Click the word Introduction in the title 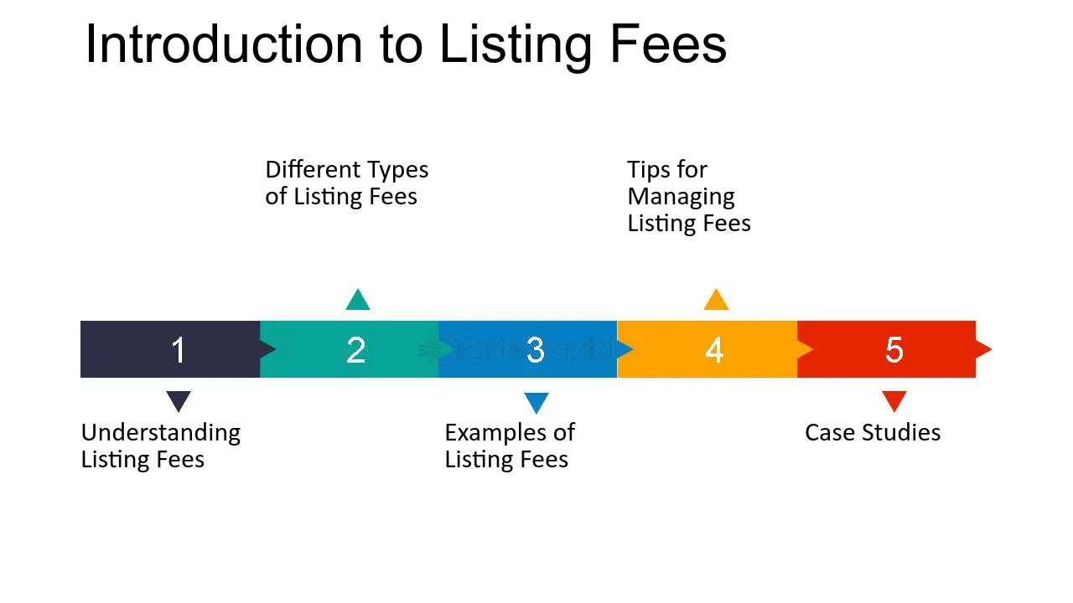224,44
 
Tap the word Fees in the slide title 669,44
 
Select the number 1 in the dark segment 179,350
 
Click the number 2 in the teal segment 356,350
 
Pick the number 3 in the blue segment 536,350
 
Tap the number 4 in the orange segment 714,350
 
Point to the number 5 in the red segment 894,350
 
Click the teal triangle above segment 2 358,299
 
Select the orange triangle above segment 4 716,299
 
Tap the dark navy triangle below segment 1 179,401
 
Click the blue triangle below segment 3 536,403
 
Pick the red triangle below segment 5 894,401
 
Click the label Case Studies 873,433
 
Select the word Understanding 161,434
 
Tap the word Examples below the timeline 495,434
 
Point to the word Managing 682,198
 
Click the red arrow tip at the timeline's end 992,349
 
